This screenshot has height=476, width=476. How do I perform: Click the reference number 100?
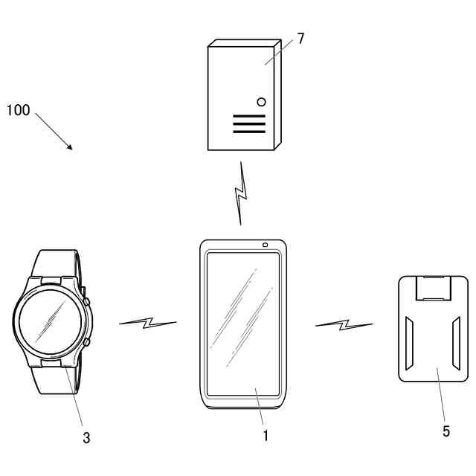tap(18, 111)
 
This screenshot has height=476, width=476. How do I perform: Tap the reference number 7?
tap(300, 39)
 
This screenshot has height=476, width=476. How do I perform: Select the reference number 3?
tap(86, 438)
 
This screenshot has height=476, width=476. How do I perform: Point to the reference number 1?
tap(266, 436)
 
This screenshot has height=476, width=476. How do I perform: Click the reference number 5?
tap(446, 431)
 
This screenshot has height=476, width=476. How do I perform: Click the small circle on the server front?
tap(261, 101)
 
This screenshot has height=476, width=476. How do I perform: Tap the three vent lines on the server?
tap(248, 124)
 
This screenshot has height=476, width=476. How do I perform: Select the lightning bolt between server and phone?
tap(239, 193)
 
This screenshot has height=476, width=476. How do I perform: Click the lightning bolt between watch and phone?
tap(148, 323)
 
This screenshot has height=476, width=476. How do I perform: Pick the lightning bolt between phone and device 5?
tap(344, 324)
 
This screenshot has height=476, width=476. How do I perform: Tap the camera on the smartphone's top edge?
tap(265, 245)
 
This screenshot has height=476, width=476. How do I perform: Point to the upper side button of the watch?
tap(86, 302)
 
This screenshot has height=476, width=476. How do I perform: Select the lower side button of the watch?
tap(86, 342)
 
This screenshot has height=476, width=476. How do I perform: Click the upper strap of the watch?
tap(57, 263)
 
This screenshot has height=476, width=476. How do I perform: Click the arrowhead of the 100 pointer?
tap(71, 147)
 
